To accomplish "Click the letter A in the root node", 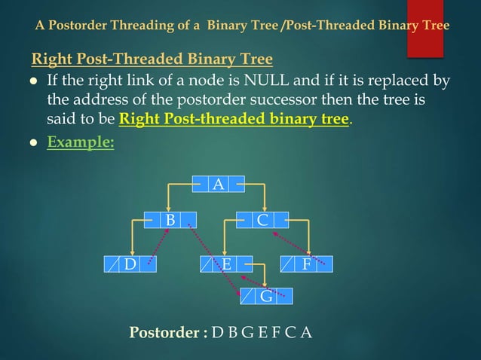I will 218,183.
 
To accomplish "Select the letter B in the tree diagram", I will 170,220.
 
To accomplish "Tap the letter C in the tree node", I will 262,220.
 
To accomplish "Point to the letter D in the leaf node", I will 130,264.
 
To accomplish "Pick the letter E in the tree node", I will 226,264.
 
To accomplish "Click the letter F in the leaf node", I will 306,264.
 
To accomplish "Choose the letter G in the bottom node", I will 266,296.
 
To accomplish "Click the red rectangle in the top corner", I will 424,29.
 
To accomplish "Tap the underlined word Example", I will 80,142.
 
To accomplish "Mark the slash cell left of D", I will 112,264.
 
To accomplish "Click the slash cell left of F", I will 288,264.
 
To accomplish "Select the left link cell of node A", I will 200,183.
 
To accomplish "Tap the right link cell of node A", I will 236,183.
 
